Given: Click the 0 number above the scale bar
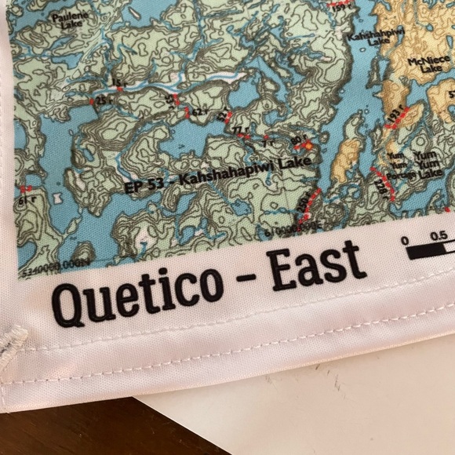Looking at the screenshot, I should (406, 241).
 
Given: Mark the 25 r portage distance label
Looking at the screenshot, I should (103, 101).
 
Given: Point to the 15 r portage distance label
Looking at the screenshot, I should (120, 83).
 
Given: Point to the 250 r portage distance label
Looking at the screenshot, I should (303, 206).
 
